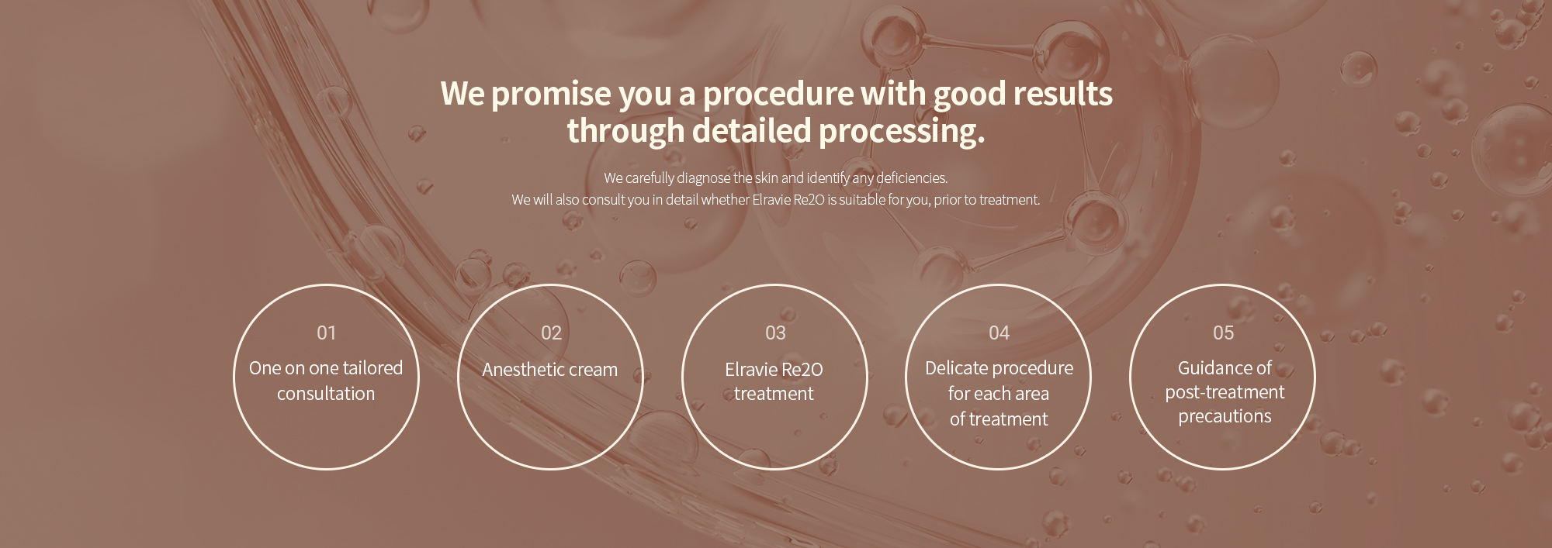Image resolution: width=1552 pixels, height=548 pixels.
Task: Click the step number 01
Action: click(x=326, y=333)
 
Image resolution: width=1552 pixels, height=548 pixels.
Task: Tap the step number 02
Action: click(x=551, y=333)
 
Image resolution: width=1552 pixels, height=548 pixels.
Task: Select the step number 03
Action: click(x=775, y=333)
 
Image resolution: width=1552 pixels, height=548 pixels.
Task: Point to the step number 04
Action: click(x=999, y=333)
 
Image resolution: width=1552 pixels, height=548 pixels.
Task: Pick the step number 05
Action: click(x=1223, y=333)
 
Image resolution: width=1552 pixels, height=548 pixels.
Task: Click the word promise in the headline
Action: click(x=551, y=95)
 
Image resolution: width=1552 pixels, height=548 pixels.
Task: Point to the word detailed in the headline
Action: click(x=751, y=130)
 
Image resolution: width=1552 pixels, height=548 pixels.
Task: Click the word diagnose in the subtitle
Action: click(x=703, y=179)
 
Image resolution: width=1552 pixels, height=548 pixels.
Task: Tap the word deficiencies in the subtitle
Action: click(x=912, y=178)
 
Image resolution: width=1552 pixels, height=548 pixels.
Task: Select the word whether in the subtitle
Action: click(x=725, y=199)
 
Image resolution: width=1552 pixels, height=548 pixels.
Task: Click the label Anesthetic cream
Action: click(x=549, y=369)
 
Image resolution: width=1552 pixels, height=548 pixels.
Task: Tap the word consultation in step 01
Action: click(x=326, y=394)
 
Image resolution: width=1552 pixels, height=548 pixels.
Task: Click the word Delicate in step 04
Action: click(x=955, y=368)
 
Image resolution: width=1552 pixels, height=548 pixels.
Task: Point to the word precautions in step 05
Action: click(x=1225, y=417)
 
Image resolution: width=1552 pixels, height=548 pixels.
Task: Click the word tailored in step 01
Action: click(x=373, y=368)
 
